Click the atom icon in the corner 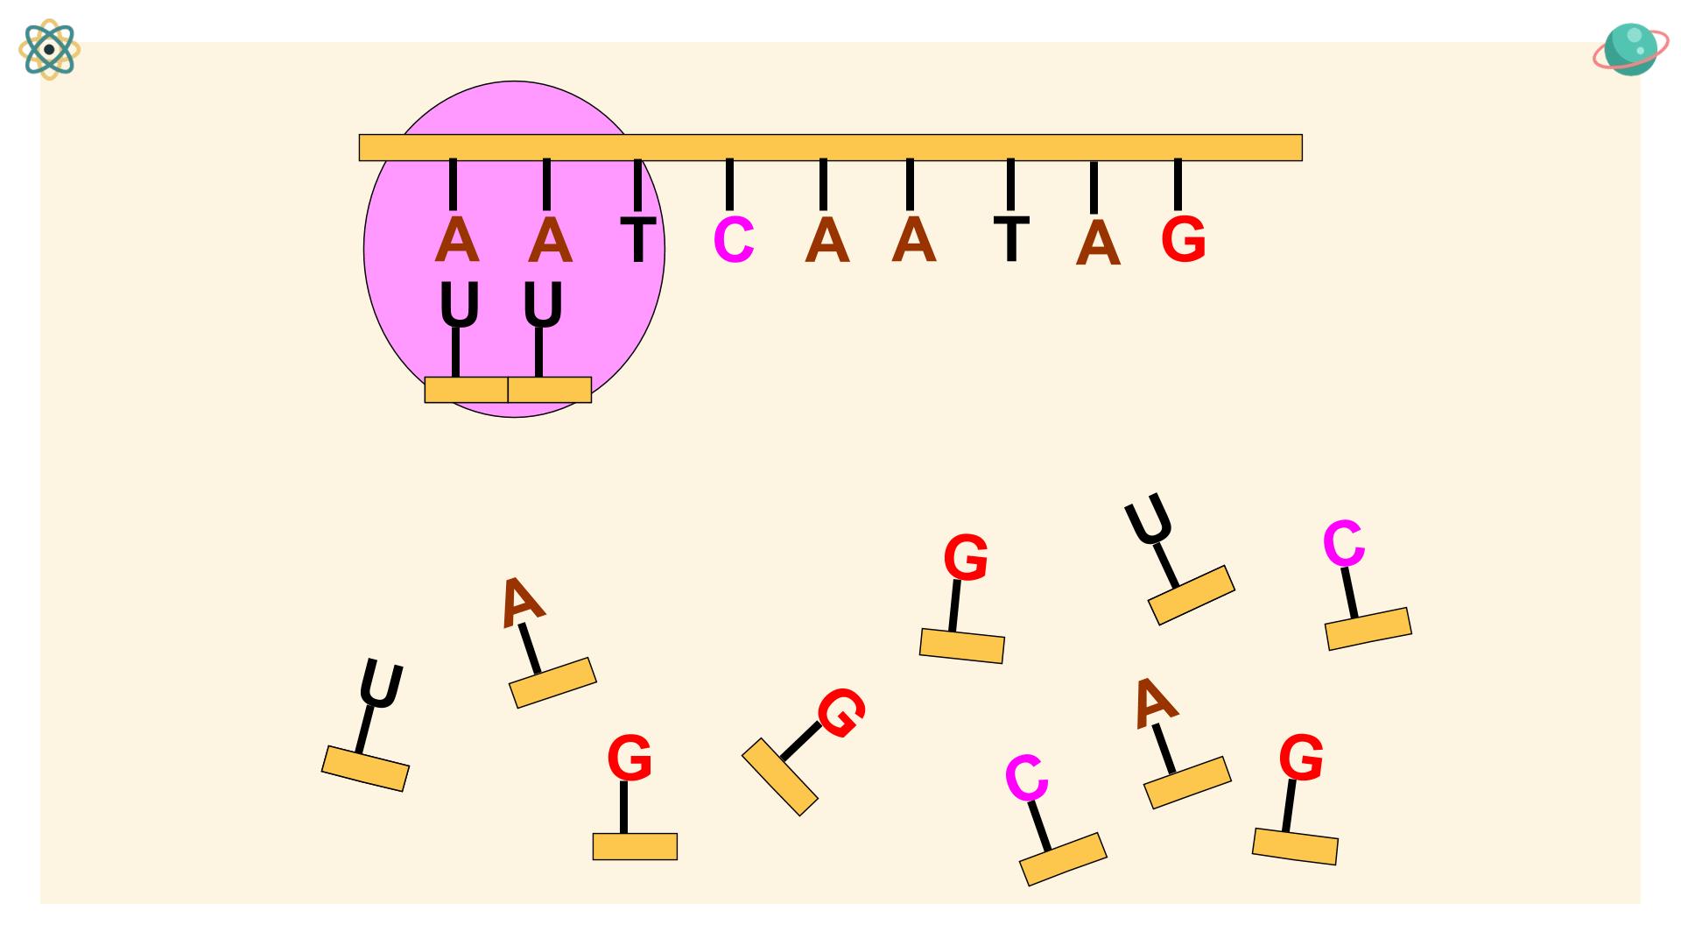click(50, 50)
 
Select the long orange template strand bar click(830, 147)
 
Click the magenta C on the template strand click(734, 240)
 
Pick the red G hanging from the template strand click(1183, 240)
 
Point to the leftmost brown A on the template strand click(456, 240)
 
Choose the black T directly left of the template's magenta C click(638, 240)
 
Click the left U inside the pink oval click(460, 305)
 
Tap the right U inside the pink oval click(543, 305)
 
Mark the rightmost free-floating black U click(1150, 519)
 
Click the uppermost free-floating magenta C click(1343, 543)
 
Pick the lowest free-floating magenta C click(1026, 777)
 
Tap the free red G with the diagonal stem click(841, 713)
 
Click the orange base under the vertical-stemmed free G click(635, 846)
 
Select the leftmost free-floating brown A click(522, 601)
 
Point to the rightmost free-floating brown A click(1154, 702)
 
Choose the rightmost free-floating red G click(1301, 759)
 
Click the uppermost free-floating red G click(966, 558)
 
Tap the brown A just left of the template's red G click(1098, 244)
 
